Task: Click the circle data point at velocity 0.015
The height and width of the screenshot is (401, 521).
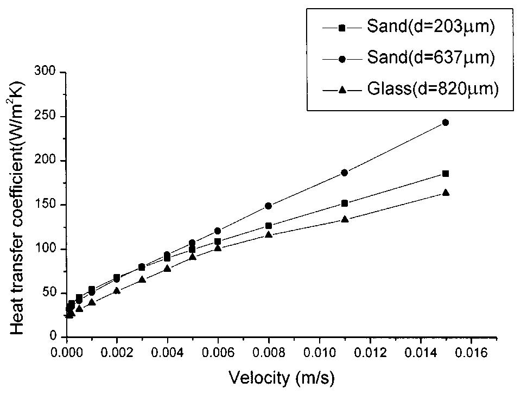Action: (445, 123)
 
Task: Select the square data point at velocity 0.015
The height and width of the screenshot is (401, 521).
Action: (445, 174)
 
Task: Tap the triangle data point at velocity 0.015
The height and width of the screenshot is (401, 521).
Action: (445, 193)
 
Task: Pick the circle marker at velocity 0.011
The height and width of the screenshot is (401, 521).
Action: (344, 173)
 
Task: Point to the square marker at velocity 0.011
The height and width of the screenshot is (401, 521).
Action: (344, 203)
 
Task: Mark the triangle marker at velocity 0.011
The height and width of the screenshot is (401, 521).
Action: (344, 219)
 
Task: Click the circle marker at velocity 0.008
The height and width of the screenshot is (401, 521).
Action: (268, 206)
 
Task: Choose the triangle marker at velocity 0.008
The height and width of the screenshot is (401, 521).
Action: (268, 234)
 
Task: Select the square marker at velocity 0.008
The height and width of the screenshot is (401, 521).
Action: (268, 226)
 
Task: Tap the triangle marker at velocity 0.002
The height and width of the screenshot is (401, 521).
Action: (117, 290)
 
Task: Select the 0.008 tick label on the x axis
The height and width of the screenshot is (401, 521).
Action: (268, 352)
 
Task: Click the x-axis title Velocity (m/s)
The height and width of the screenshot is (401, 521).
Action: (282, 378)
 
